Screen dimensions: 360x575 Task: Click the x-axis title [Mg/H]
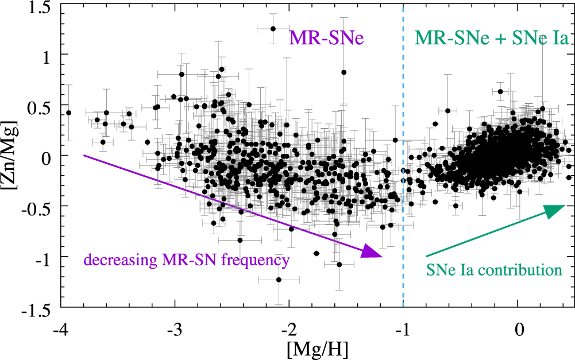click(289, 348)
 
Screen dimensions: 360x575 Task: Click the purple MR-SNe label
click(327, 38)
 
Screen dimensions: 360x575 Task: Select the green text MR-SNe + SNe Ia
click(492, 38)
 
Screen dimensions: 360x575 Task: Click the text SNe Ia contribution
click(493, 269)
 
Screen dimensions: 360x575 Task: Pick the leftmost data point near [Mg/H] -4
click(69, 113)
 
